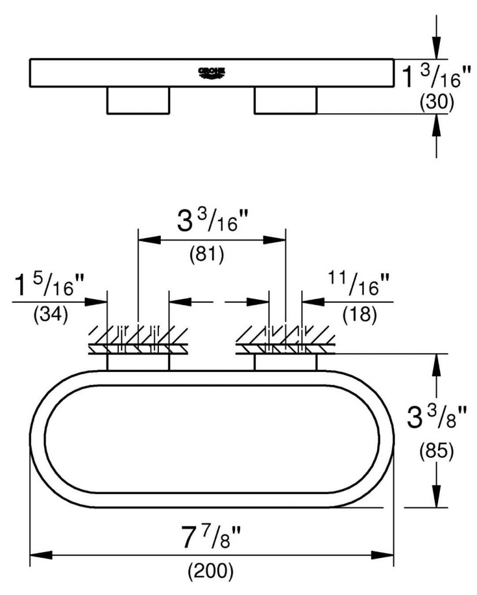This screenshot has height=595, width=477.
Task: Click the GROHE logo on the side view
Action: [212, 73]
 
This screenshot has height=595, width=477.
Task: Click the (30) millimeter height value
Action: [436, 102]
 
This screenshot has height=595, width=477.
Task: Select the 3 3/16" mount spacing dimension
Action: [212, 220]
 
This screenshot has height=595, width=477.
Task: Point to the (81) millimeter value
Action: [207, 255]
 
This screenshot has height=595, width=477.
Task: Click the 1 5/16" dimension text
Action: [49, 285]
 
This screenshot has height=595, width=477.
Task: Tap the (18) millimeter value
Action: [360, 314]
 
